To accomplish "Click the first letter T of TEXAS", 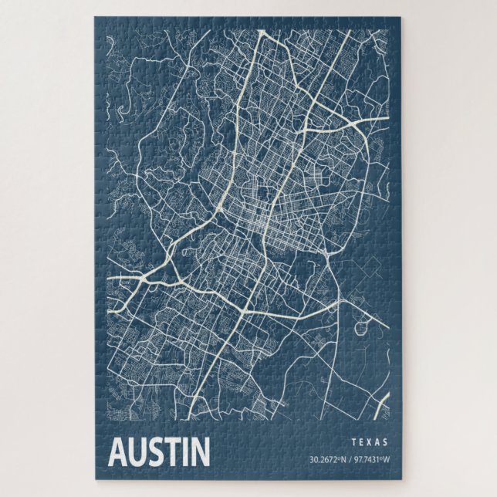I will pos(353,443).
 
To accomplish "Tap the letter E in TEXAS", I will pos(361,443).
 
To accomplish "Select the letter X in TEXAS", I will pos(370,443).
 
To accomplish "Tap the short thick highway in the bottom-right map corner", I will pos(380,404).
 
